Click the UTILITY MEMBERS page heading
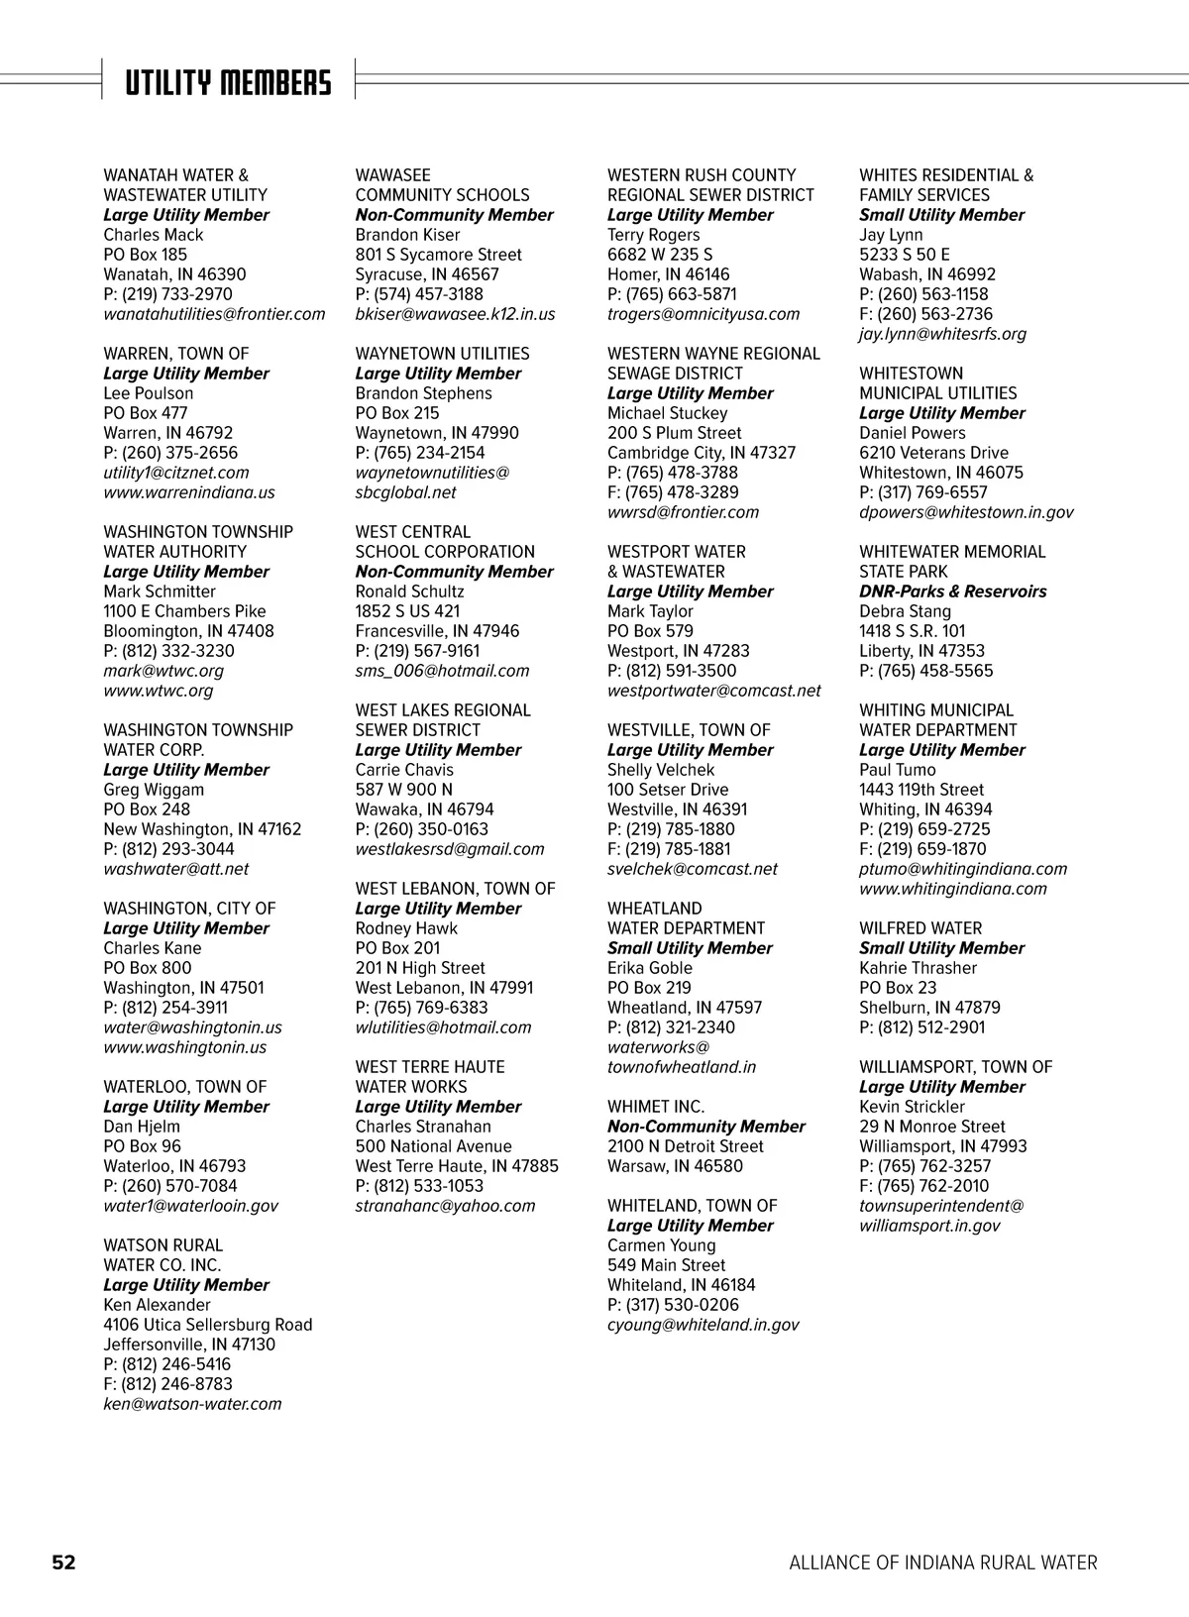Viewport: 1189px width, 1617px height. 228,83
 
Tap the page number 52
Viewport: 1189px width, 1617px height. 63,1563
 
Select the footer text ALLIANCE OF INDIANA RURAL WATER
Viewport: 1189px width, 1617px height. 942,1563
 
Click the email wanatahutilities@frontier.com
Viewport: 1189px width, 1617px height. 214,314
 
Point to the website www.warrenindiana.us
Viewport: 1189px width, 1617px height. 189,492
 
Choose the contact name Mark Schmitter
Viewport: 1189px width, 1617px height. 160,592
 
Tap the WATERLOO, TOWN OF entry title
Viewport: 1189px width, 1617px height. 185,1087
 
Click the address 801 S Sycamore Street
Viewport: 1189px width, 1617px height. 438,255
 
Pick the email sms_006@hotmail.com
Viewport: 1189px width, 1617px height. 442,671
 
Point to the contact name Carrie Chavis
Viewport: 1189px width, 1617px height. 404,770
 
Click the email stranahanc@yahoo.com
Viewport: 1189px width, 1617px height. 445,1206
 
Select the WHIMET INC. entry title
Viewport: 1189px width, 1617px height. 656,1107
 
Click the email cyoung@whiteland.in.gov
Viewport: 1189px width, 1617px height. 703,1325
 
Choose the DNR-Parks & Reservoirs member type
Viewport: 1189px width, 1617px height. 952,592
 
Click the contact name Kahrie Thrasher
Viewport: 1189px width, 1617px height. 918,968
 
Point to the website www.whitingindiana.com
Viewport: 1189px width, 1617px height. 952,889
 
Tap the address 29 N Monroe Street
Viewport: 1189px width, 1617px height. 931,1127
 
